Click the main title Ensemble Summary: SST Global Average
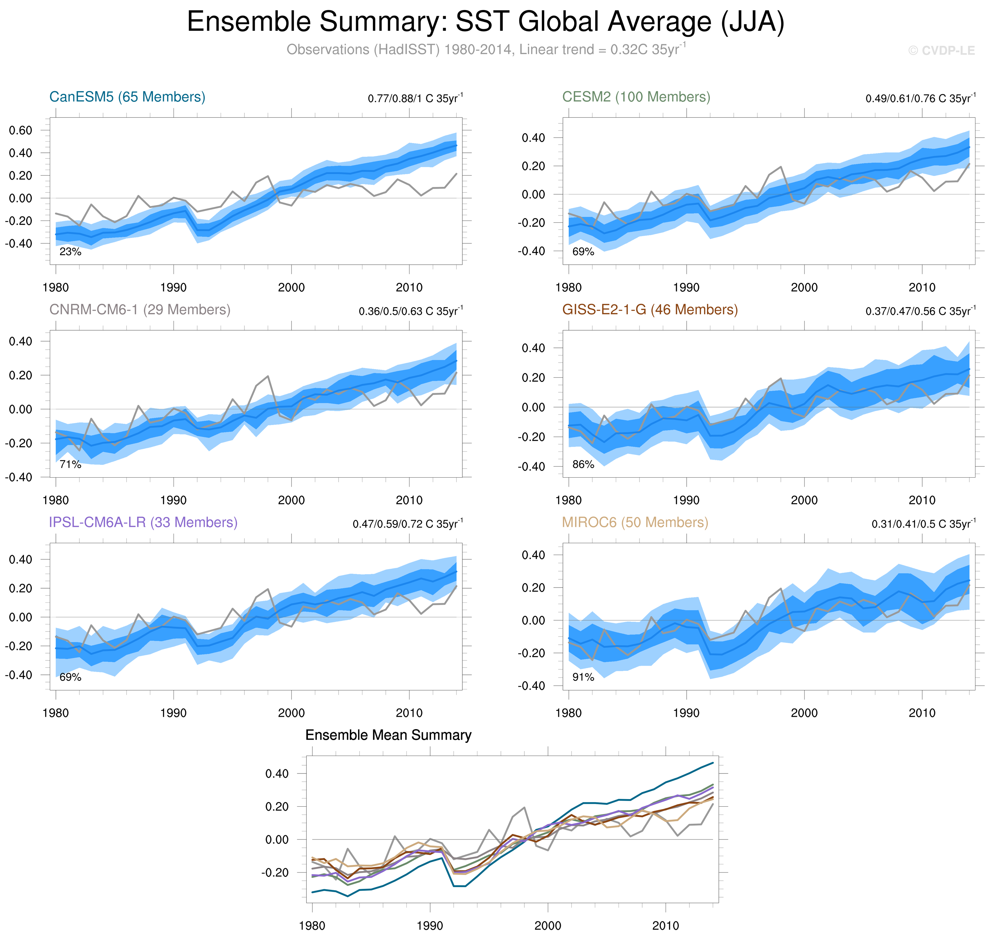[x=485, y=22]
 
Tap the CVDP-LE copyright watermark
[x=941, y=51]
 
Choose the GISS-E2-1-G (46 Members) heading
[x=650, y=310]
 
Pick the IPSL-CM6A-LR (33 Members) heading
[x=143, y=522]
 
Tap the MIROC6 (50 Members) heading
[x=635, y=522]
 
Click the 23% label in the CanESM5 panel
[x=70, y=252]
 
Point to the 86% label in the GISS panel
[x=583, y=465]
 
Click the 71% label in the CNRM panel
[x=70, y=465]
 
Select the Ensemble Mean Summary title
[x=388, y=735]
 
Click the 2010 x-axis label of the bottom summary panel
[x=666, y=925]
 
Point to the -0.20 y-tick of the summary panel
[x=275, y=872]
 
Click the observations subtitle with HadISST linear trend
[x=485, y=50]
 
